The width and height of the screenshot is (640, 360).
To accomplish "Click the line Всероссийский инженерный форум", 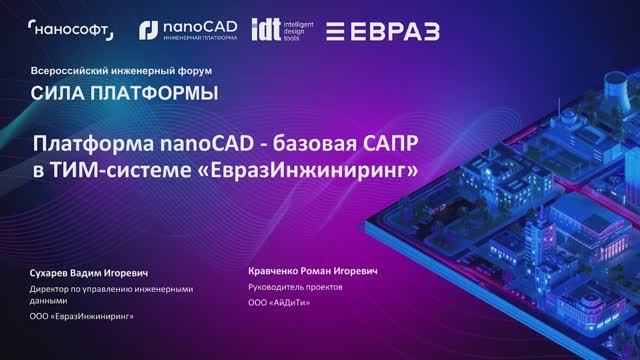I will tap(111, 72).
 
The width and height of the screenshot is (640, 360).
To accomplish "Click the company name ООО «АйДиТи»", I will tap(279, 302).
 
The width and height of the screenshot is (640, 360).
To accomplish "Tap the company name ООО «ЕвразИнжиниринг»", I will tap(83, 316).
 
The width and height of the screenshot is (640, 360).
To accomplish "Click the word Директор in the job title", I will tap(52, 290).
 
